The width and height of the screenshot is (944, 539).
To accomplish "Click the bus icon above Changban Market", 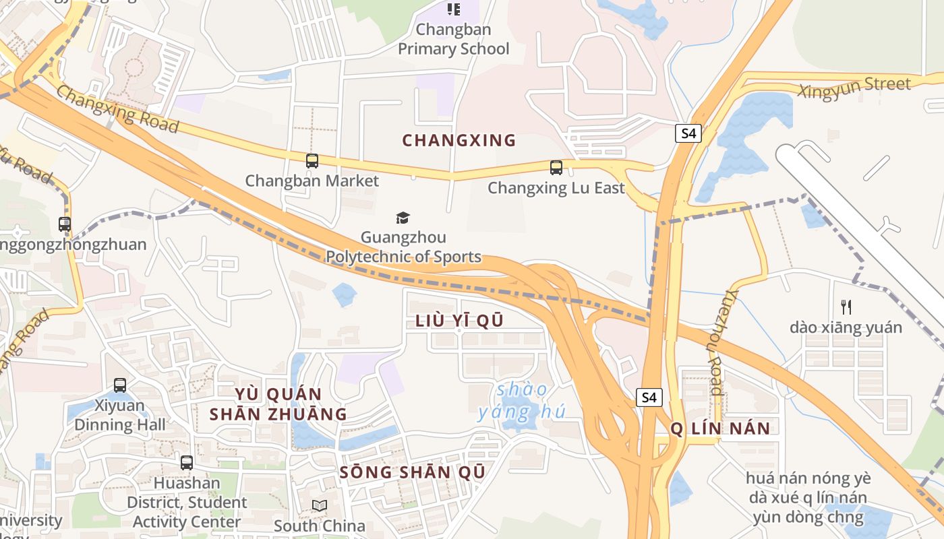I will coord(312,161).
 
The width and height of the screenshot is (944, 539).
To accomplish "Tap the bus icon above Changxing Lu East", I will coord(556,168).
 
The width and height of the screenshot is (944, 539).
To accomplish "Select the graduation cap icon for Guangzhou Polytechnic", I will coord(403,218).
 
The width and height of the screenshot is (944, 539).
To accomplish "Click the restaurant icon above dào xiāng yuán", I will coord(846,307).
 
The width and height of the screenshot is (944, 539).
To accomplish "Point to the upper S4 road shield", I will coord(688,133).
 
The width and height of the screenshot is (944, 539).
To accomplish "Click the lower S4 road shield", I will coord(649,398).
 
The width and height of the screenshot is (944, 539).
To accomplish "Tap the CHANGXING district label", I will coord(459,141).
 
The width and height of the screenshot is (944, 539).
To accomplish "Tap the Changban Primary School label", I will coord(454,39).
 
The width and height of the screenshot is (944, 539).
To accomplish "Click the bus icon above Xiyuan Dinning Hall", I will coord(120,385).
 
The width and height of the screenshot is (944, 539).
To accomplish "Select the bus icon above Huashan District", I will coord(187,463).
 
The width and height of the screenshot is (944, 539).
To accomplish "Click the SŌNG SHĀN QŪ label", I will coord(412,472).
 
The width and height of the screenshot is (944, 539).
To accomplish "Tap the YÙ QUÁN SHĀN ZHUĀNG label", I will coord(278,404).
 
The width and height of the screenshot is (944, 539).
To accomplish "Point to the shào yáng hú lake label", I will coord(522,401).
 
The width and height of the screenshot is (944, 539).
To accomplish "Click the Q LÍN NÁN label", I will coord(720,429).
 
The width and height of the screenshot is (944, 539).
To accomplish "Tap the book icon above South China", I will coord(319,505).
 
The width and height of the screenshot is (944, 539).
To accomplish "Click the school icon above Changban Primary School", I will coord(454,9).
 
